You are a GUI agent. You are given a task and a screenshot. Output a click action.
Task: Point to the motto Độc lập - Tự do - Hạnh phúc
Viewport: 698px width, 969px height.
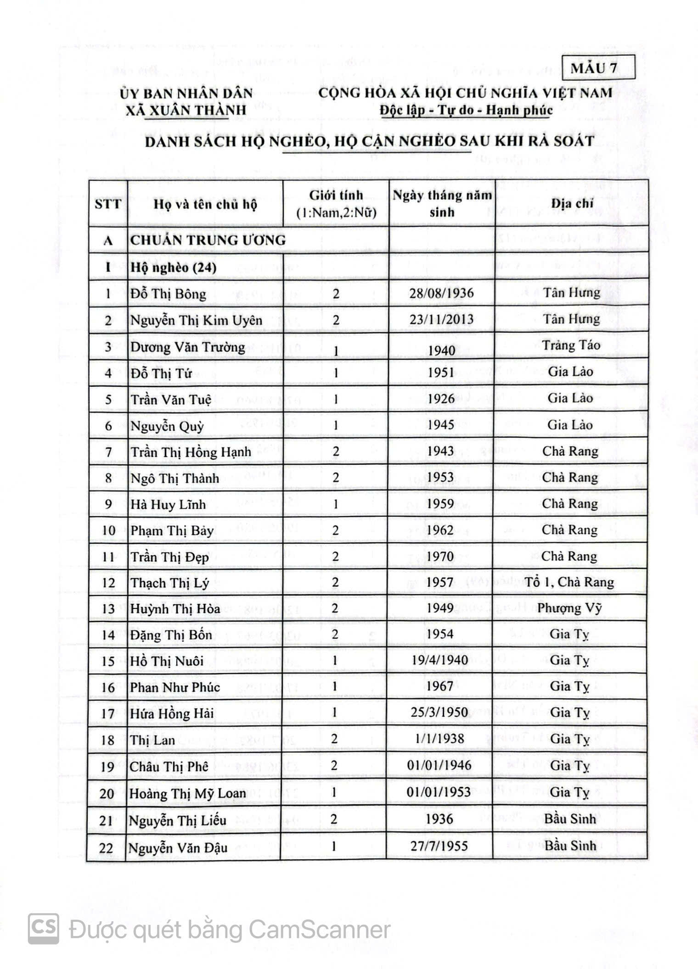coord(466,111)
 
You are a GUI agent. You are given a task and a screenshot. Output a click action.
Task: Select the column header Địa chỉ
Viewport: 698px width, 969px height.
coord(572,203)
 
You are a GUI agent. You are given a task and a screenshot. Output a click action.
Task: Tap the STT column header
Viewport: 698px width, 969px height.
coord(108,204)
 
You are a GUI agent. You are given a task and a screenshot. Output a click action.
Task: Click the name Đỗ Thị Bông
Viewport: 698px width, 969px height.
coord(168,294)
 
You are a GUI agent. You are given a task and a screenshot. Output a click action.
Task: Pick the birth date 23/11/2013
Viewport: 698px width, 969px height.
coord(441,319)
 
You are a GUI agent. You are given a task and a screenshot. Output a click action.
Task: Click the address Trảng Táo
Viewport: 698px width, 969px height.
coord(571,345)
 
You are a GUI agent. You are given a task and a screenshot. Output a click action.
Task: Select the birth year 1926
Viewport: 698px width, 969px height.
coord(441,399)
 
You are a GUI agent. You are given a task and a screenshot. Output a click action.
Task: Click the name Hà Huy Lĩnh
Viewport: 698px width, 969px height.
coord(168,504)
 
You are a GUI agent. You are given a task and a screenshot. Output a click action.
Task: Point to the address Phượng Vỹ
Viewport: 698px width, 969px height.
coord(569,608)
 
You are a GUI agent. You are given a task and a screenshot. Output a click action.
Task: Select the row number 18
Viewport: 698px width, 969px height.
coord(107,740)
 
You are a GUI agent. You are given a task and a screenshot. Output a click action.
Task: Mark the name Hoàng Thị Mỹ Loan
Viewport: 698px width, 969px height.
coord(188,793)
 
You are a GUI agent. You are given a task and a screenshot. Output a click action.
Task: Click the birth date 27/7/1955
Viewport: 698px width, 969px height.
coord(439,846)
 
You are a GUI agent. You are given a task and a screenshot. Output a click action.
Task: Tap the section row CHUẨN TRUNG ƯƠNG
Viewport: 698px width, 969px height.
coord(208,240)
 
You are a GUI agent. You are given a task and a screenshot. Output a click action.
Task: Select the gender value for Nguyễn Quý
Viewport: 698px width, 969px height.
coord(336,426)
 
